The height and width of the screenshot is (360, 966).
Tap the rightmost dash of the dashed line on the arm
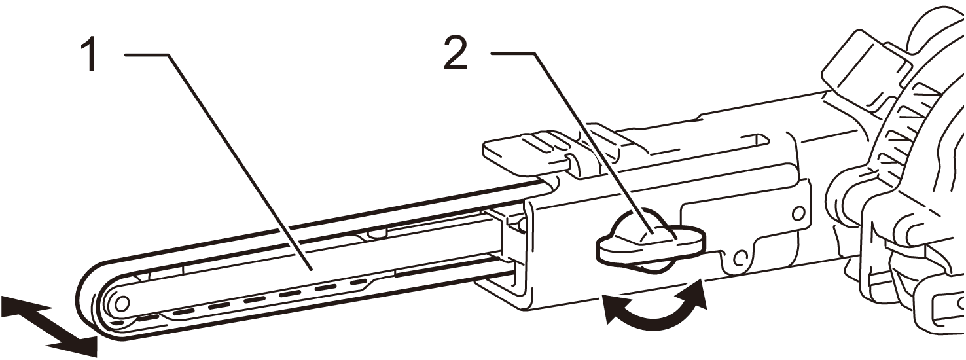tap(358, 283)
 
